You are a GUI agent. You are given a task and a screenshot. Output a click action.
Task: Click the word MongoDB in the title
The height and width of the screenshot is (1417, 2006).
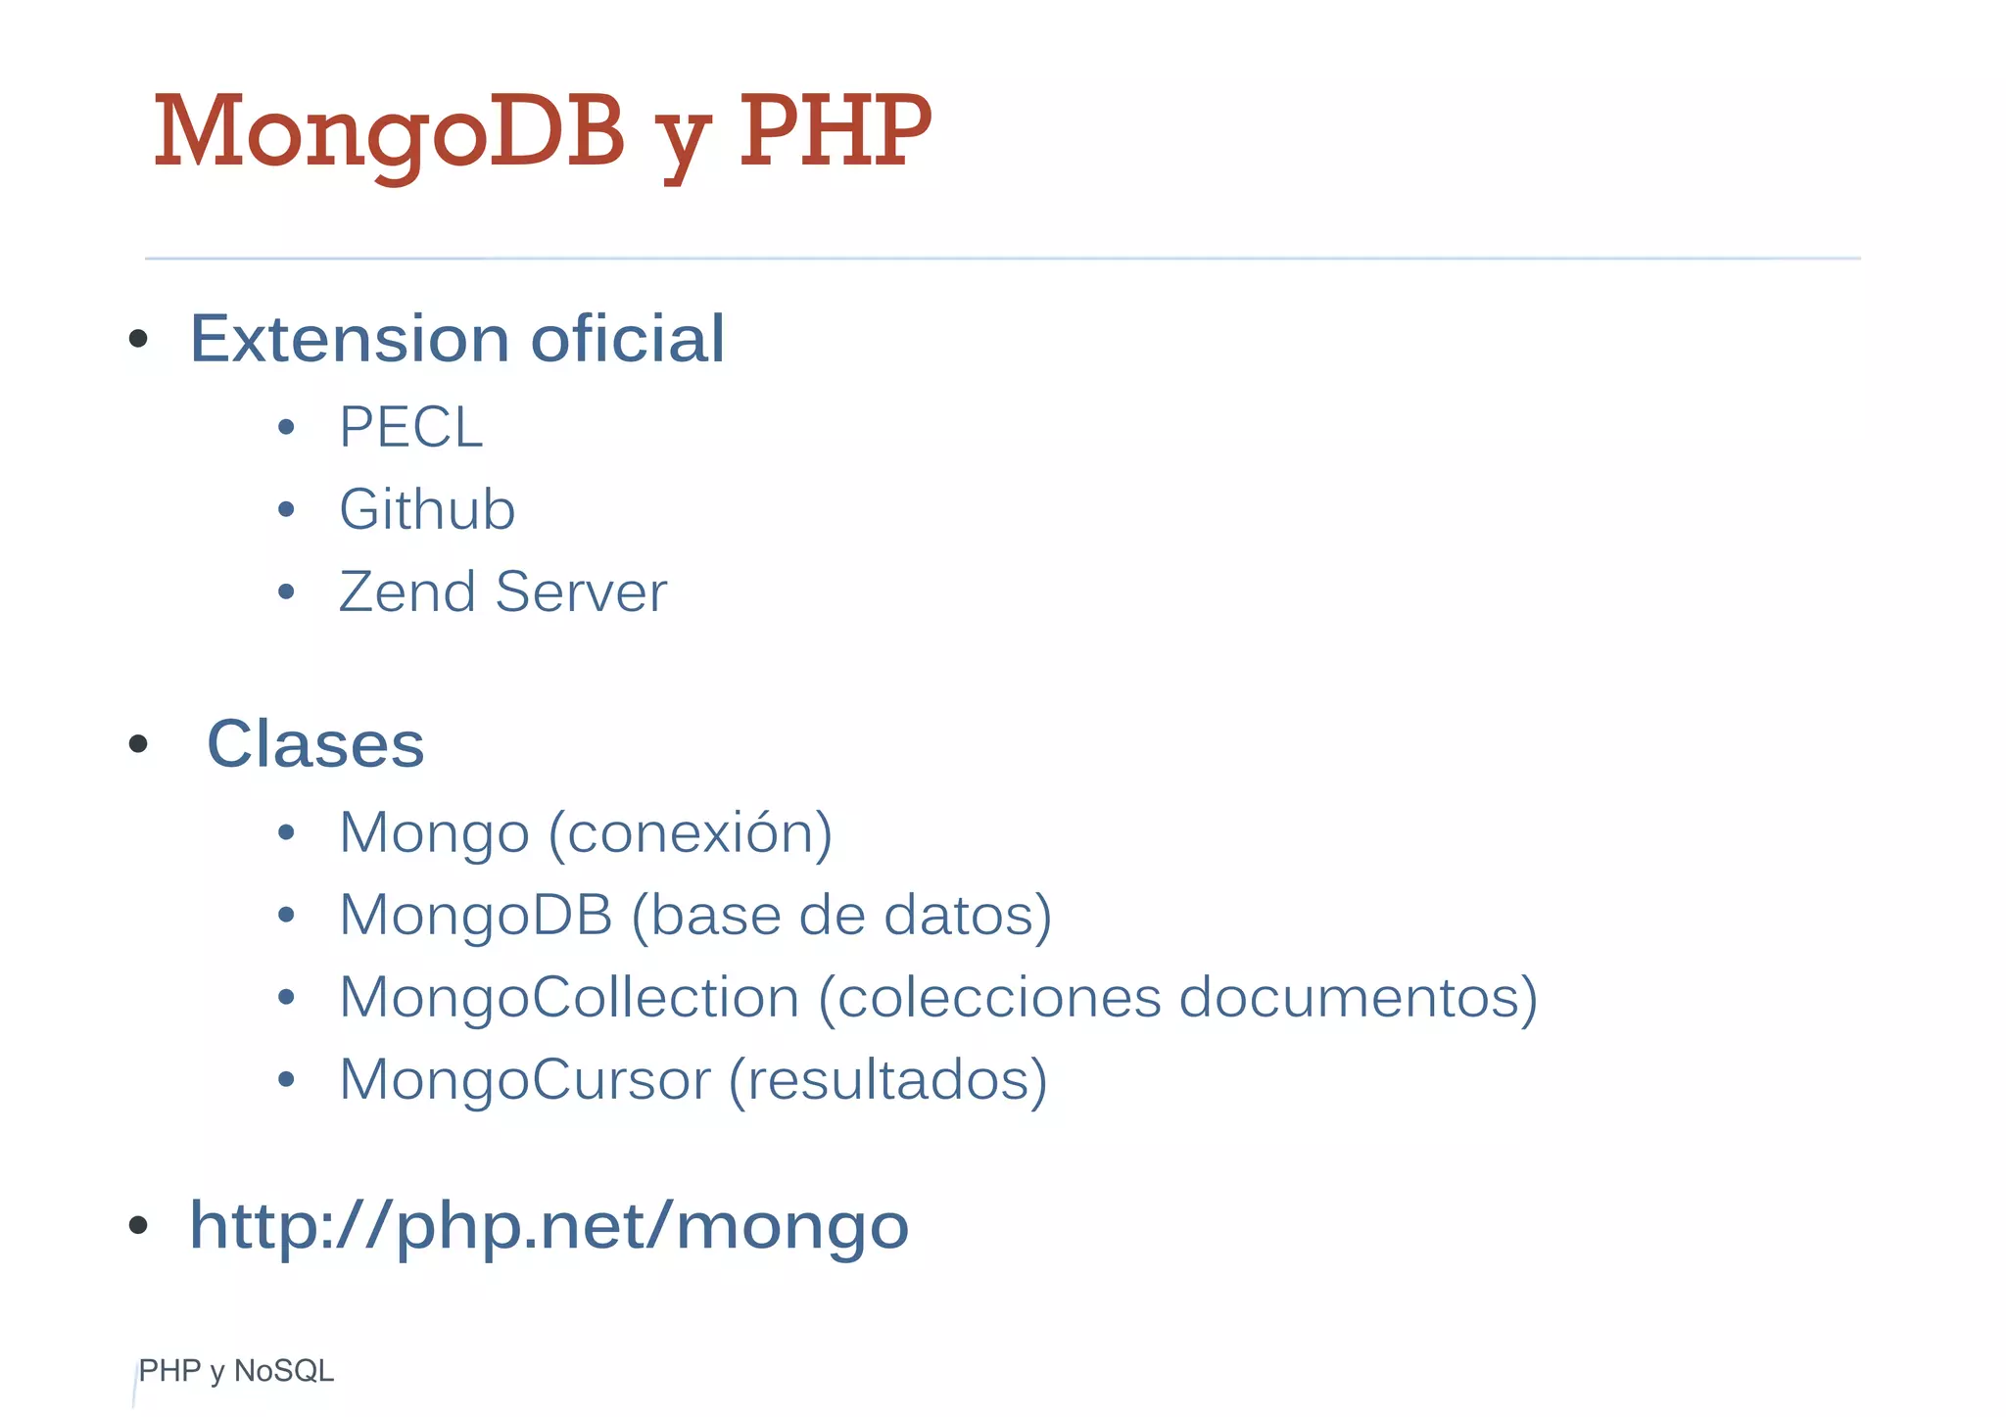389,131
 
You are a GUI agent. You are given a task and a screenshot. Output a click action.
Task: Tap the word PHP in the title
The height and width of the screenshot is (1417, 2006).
835,131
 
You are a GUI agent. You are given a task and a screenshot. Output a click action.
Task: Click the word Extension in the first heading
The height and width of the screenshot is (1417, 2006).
349,339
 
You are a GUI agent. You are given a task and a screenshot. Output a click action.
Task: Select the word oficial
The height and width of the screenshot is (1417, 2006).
627,339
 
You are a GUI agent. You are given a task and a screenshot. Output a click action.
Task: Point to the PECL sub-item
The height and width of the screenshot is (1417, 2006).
410,428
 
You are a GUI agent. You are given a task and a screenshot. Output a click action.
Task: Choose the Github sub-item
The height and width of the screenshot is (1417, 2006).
427,509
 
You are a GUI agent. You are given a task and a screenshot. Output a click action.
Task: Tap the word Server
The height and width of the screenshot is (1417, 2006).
581,591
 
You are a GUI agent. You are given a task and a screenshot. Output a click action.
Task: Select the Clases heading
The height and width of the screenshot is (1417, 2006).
315,744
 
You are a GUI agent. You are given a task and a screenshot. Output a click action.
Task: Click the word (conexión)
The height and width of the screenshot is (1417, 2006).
691,833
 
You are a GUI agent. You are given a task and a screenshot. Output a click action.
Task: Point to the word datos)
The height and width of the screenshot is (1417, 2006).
968,916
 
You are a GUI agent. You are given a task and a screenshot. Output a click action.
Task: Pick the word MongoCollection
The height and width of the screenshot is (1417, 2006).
569,998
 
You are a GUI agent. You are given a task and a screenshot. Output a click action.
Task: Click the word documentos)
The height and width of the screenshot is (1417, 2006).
1358,998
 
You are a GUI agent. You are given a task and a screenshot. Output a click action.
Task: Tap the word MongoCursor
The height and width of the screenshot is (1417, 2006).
525,1080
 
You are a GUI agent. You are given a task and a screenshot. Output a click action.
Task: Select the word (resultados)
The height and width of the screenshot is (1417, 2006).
888,1080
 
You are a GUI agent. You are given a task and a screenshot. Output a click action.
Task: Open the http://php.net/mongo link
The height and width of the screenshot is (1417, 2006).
549,1226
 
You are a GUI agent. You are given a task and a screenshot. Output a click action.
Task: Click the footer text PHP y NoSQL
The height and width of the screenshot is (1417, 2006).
236,1371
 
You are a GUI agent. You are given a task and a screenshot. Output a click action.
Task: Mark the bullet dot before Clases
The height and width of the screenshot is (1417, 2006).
138,744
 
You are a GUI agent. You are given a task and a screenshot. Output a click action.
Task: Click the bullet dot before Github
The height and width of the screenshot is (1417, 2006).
286,509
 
